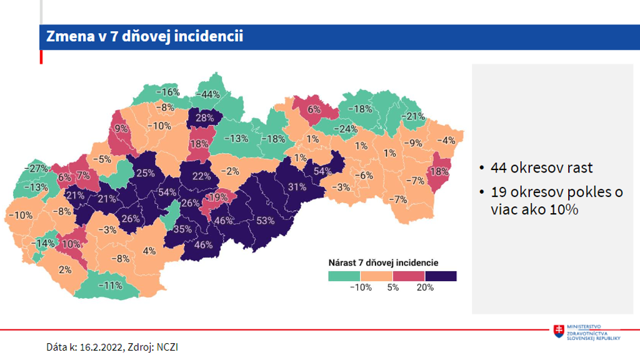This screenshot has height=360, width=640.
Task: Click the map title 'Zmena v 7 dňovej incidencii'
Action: pyautogui.click(x=144, y=37)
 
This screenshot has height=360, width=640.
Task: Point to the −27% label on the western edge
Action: pyautogui.click(x=36, y=168)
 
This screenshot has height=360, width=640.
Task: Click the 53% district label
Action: pyautogui.click(x=265, y=221)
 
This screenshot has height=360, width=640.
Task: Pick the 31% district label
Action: pyautogui.click(x=296, y=186)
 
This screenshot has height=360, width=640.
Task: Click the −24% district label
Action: pyautogui.click(x=344, y=129)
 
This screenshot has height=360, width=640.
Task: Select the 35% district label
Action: pyautogui.click(x=182, y=229)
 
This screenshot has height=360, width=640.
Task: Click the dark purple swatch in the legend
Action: pyautogui.click(x=441, y=276)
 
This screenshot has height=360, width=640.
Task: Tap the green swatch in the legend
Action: pyautogui.click(x=344, y=276)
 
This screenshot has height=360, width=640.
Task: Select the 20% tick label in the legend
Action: pyautogui.click(x=424, y=287)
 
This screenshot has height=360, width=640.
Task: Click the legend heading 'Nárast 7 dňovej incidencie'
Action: pyautogui.click(x=383, y=262)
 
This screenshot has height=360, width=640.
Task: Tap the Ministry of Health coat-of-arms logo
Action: pyautogui.click(x=558, y=332)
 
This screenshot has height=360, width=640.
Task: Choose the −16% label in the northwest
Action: pyautogui.click(x=167, y=92)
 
